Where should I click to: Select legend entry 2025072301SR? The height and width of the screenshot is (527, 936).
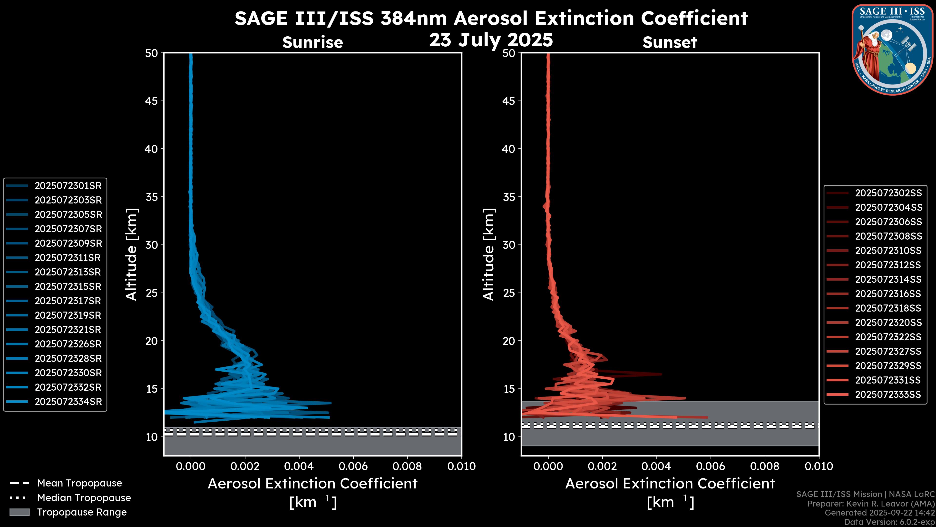pos(68,186)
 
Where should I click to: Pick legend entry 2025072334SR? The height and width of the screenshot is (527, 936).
pos(68,402)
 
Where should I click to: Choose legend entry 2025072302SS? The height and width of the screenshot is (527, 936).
pos(888,193)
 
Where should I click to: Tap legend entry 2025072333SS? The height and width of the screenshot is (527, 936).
pos(888,395)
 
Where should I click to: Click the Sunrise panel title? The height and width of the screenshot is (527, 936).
pos(312,42)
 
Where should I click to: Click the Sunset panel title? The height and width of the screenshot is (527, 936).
pos(670,42)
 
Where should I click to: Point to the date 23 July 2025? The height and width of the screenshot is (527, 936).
pos(491,40)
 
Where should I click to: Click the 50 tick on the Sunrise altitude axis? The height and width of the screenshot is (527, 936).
pos(152,53)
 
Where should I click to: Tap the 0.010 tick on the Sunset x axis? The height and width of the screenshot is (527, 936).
pos(819,466)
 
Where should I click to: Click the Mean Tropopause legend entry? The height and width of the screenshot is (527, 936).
pos(79,483)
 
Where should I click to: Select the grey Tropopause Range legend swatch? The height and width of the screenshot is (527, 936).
pos(19,512)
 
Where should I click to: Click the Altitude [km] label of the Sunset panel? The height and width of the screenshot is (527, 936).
pos(489,254)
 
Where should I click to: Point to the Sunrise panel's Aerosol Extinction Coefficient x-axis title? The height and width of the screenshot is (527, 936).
pos(312,484)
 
